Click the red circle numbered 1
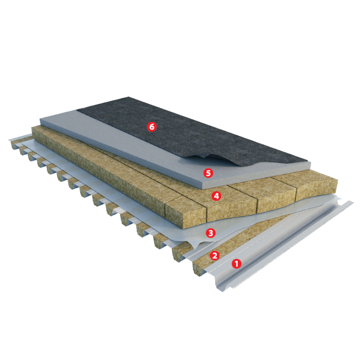coord(236,264)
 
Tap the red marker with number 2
coord(215,255)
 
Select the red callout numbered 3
coord(211,233)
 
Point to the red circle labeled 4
coord(216,196)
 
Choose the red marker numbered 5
coord(208,173)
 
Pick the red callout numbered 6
coord(152,126)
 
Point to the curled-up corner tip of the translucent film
coord(195,249)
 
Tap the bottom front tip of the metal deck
coord(222,291)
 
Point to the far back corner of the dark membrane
coord(129,97)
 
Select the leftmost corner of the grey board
coord(40,120)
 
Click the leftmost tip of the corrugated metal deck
coord(9,140)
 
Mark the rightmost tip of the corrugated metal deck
coord(354,202)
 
